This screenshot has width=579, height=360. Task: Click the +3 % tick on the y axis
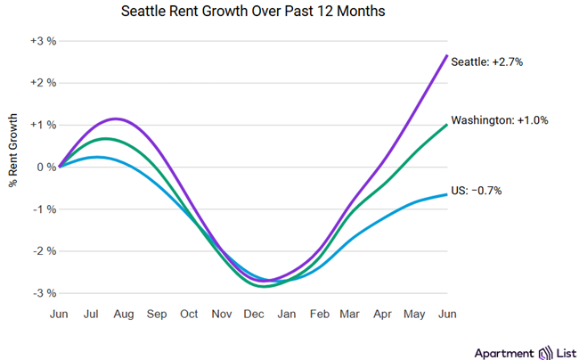pyautogui.click(x=43, y=40)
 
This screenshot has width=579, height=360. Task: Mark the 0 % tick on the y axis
pyautogui.click(x=45, y=167)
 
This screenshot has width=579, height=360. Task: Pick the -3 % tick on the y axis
pyautogui.click(x=44, y=293)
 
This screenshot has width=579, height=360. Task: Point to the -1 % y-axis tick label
pyautogui.click(x=44, y=209)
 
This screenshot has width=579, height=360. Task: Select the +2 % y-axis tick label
pyautogui.click(x=43, y=83)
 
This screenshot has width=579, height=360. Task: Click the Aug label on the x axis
pyautogui.click(x=124, y=315)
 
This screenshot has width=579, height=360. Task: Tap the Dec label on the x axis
pyautogui.click(x=254, y=315)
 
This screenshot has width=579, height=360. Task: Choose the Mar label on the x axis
pyautogui.click(x=351, y=315)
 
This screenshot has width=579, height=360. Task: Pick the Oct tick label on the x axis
pyautogui.click(x=189, y=315)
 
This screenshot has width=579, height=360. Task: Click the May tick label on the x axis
pyautogui.click(x=415, y=315)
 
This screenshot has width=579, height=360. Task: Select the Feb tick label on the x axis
pyautogui.click(x=319, y=315)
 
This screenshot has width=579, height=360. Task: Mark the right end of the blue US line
pyautogui.click(x=446, y=194)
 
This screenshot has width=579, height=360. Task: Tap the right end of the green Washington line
pyautogui.click(x=446, y=125)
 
